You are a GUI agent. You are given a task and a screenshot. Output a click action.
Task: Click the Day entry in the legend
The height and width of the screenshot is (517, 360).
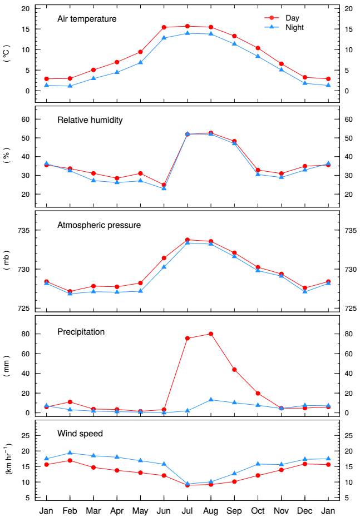point(292,18)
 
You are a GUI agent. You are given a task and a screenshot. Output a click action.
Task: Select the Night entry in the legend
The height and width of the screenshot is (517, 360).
point(294,27)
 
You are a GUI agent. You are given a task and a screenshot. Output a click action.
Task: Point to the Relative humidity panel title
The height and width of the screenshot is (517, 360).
point(90,120)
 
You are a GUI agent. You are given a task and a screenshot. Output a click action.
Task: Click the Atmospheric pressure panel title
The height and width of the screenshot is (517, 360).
point(99,225)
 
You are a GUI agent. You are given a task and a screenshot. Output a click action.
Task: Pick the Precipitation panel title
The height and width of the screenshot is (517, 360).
point(81,332)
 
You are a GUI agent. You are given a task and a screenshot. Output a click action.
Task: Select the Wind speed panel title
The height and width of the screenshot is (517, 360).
point(80,433)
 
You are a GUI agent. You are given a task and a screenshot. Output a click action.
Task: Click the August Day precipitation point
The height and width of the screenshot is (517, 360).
point(211,334)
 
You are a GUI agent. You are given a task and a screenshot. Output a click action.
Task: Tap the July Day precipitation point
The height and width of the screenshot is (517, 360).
point(188,338)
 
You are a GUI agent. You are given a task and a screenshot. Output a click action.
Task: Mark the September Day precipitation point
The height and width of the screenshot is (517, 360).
point(234,369)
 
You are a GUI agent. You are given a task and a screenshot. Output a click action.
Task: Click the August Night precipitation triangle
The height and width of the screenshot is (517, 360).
point(211,400)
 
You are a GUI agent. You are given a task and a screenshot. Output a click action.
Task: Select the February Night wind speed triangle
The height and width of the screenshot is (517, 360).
point(70,453)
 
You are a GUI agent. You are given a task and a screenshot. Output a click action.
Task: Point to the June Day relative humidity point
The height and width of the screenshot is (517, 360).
point(164,185)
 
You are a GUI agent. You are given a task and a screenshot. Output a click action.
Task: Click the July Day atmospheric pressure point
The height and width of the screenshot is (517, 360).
point(188,240)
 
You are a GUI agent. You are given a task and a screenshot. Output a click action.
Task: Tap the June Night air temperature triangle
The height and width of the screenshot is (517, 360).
point(164,38)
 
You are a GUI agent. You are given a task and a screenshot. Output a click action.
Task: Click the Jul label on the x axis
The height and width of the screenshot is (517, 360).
point(188,510)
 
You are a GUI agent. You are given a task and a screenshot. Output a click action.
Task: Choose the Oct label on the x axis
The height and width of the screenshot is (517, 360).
point(258,510)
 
